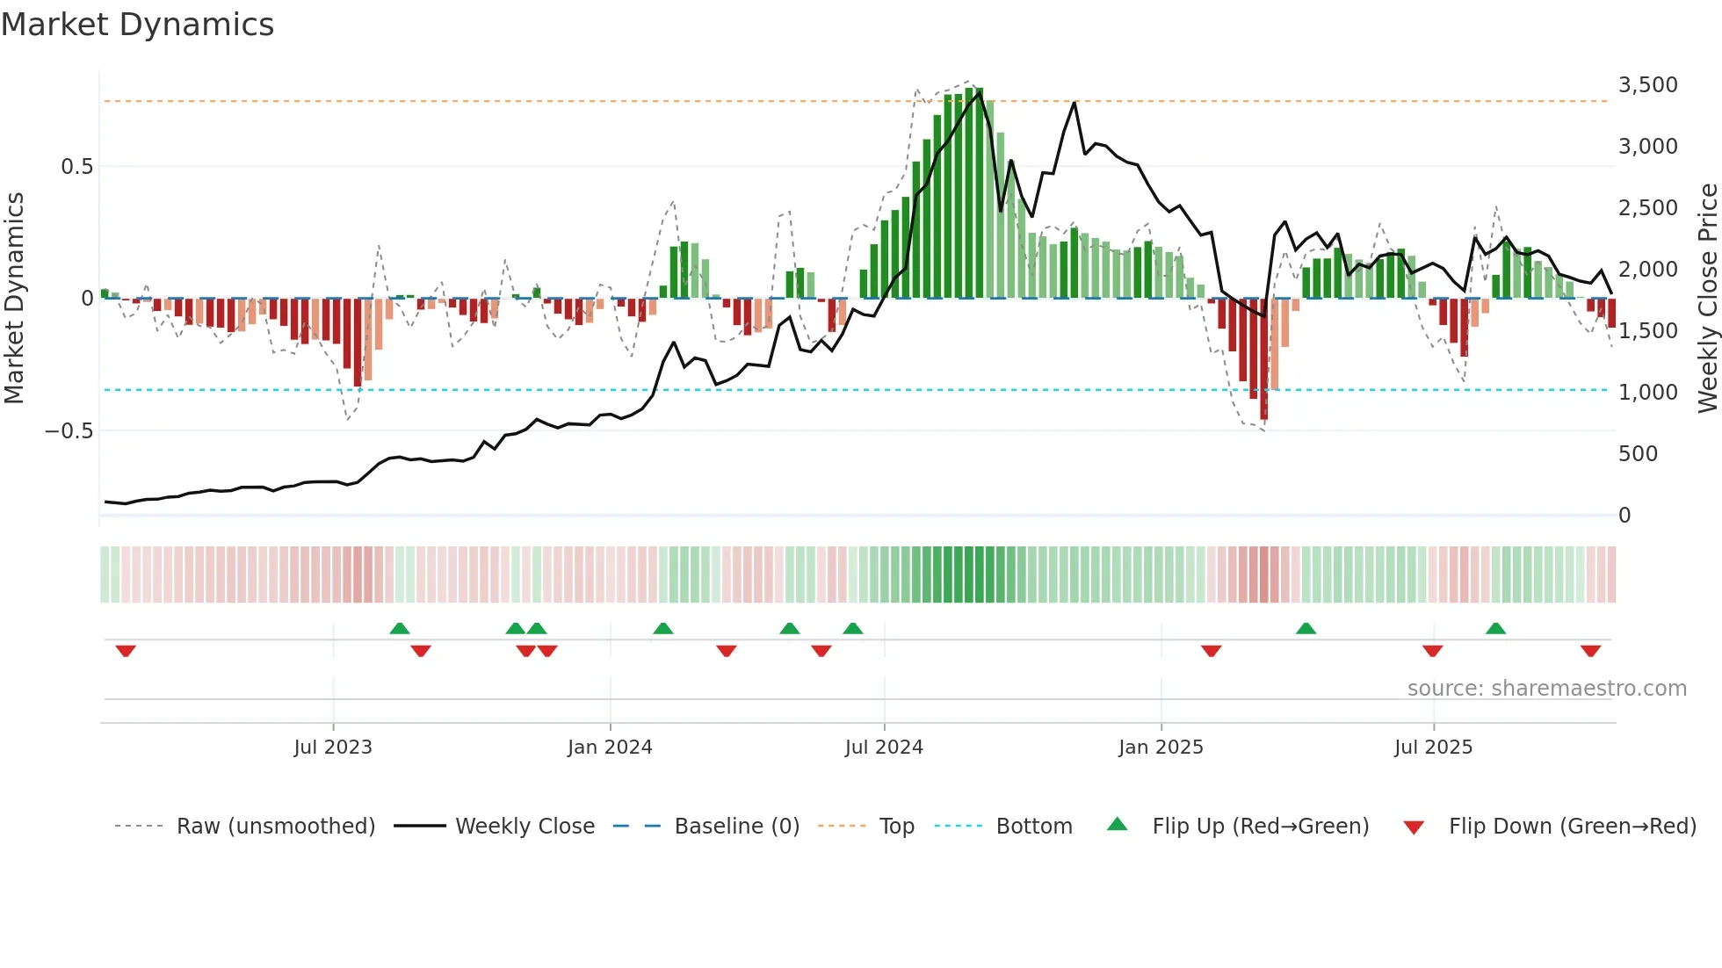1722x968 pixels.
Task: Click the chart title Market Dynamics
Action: (x=137, y=25)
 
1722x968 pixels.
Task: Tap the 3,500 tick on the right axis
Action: (x=1647, y=85)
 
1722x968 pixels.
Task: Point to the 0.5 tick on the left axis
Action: (x=76, y=167)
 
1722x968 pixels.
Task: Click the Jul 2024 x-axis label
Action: (x=884, y=748)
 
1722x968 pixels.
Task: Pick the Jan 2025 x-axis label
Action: (x=1161, y=748)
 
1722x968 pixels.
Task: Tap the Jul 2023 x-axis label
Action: (x=333, y=748)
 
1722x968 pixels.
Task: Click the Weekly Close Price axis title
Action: (x=1707, y=299)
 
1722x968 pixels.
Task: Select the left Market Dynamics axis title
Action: (x=14, y=299)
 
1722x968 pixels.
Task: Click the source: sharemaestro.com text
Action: (x=1546, y=689)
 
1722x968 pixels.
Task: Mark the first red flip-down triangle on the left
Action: (x=126, y=651)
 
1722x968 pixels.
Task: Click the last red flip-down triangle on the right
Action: (x=1590, y=651)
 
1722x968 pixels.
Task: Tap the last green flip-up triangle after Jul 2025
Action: (x=1495, y=628)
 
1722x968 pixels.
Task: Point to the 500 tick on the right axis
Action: (x=1638, y=454)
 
